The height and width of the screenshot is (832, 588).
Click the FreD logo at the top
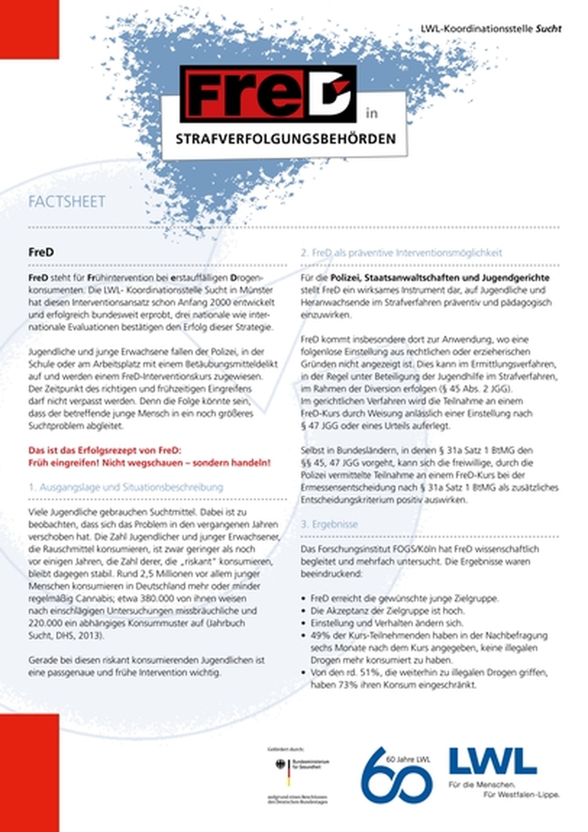click(x=268, y=94)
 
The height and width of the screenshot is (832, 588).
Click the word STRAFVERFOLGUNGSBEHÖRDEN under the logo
click(x=285, y=139)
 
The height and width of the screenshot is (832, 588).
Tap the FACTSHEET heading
click(x=67, y=202)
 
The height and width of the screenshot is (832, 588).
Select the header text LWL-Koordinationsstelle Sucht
click(x=491, y=29)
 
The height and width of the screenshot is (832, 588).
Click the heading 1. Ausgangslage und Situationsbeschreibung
click(x=126, y=487)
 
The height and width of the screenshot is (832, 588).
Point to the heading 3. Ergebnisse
click(x=329, y=524)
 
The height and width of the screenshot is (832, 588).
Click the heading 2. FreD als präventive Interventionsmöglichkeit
click(x=401, y=253)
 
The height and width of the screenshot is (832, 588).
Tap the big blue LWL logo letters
click(x=492, y=761)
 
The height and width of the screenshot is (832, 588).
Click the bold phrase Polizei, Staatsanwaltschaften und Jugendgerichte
click(x=440, y=278)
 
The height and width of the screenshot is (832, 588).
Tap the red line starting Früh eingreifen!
click(x=149, y=463)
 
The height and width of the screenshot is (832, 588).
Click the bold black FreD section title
click(x=41, y=252)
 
